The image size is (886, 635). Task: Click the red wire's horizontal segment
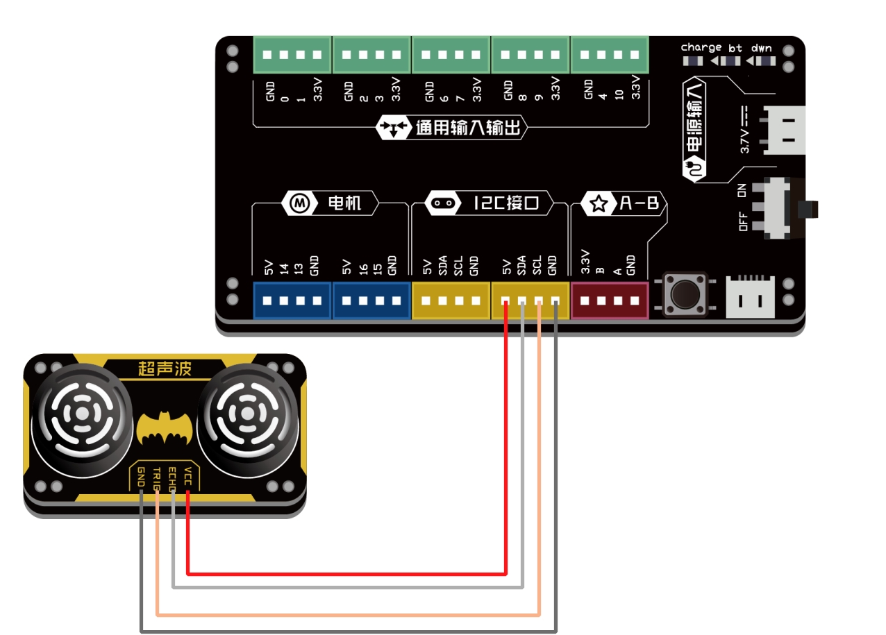tap(347, 574)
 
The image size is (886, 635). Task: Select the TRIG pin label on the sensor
tap(157, 479)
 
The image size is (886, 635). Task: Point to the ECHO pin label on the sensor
tap(172, 479)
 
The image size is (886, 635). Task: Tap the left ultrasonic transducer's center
tap(83, 414)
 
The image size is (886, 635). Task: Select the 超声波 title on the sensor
tap(165, 369)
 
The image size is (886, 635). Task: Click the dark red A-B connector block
tap(609, 301)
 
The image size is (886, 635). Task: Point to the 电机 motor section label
tap(344, 203)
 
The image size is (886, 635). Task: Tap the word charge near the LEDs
tap(701, 47)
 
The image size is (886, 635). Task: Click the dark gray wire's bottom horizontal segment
tap(347, 631)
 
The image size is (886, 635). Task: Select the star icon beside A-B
tap(598, 204)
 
